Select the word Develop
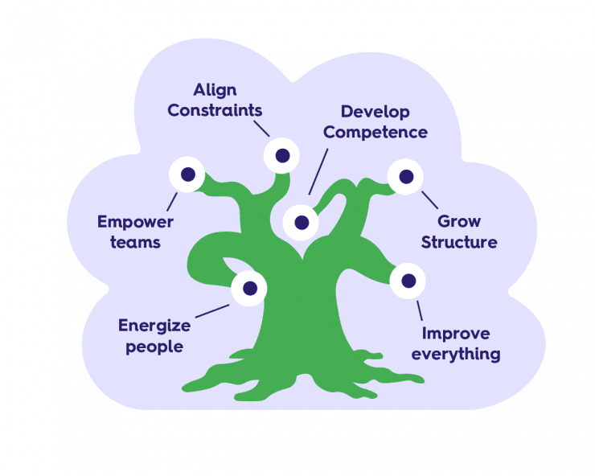click(x=375, y=112)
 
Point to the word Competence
click(x=375, y=132)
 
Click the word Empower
click(x=135, y=221)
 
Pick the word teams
click(x=135, y=241)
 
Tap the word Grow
click(x=459, y=221)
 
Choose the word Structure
click(x=459, y=242)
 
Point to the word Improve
click(x=456, y=333)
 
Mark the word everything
click(x=456, y=354)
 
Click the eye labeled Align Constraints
click(x=282, y=155)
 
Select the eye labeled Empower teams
click(x=187, y=174)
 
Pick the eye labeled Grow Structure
click(x=405, y=176)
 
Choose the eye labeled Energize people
click(x=249, y=288)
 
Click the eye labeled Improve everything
click(x=408, y=281)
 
